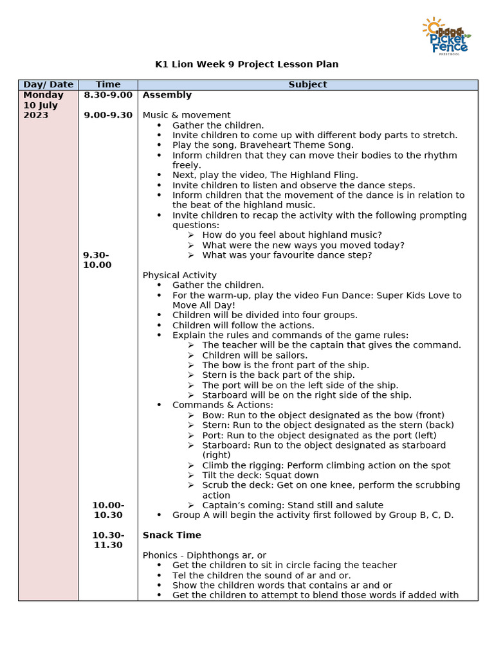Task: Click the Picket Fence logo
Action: (x=446, y=36)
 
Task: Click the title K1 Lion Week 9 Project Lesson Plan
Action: (x=247, y=64)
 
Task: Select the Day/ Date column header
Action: (x=48, y=84)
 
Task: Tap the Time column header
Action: (x=108, y=84)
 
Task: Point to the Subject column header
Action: (x=307, y=84)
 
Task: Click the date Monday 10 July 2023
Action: (x=43, y=105)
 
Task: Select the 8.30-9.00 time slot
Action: (x=108, y=95)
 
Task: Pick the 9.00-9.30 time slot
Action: (x=108, y=115)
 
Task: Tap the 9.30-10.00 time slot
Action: (x=97, y=260)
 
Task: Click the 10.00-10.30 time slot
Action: (x=108, y=510)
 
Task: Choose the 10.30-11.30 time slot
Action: (x=108, y=540)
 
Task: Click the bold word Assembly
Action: (x=167, y=95)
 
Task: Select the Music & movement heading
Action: (x=187, y=115)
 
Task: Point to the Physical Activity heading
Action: (x=179, y=275)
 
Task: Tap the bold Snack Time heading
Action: (x=172, y=535)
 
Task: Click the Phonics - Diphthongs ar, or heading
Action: (x=205, y=555)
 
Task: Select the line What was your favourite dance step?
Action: (x=287, y=255)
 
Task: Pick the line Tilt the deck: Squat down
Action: (x=260, y=476)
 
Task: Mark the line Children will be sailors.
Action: (x=255, y=355)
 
